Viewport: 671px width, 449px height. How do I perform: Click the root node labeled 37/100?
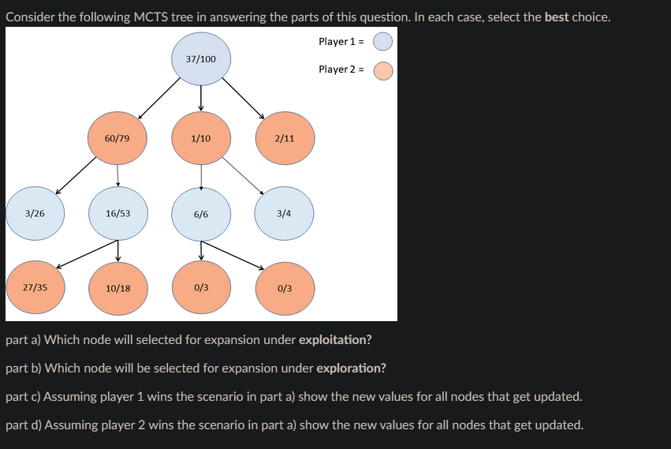201,59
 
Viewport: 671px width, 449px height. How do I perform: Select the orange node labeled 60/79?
117,138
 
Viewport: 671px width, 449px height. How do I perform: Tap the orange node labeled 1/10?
201,138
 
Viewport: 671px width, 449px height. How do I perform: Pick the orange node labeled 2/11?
285,138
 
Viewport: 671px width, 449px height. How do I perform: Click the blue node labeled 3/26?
34,213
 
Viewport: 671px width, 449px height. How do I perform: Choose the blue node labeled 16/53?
117,213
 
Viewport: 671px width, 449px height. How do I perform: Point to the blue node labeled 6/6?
201,214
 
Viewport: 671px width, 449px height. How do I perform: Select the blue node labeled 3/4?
285,213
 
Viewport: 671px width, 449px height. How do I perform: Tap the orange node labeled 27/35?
34,287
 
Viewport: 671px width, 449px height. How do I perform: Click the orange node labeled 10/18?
117,288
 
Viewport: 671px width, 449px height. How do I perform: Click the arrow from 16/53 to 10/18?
117,250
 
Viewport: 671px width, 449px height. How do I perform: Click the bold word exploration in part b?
351,369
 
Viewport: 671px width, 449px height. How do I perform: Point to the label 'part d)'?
24,425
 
